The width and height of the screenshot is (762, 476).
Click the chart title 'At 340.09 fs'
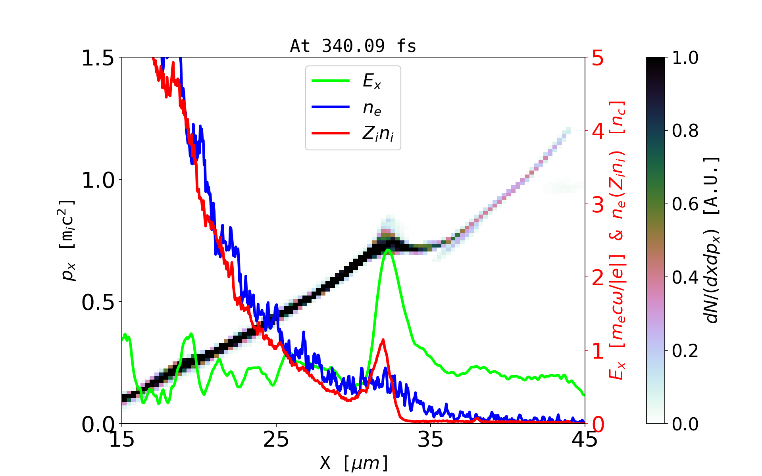353,46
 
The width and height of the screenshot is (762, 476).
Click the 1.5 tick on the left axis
98,58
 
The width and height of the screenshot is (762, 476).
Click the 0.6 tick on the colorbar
685,204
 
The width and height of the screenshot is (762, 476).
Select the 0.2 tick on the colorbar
685,351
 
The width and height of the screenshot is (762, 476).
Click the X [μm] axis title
354,463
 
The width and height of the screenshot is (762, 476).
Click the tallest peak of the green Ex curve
388,250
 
